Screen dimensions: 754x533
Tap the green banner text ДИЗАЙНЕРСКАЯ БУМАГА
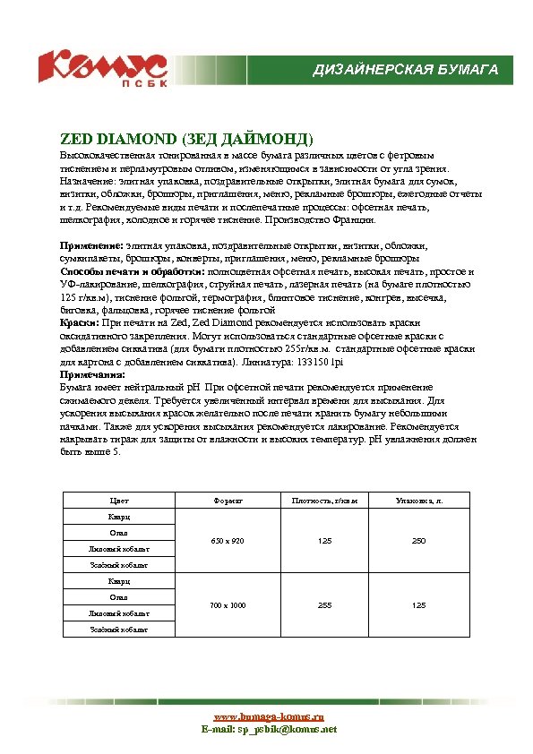(405, 70)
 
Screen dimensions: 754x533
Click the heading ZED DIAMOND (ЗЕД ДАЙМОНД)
(186, 140)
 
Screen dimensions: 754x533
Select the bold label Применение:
(91, 245)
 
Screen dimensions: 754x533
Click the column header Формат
(228, 501)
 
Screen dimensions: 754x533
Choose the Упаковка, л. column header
(418, 501)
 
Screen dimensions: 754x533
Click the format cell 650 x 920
(228, 541)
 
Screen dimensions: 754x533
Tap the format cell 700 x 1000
(228, 605)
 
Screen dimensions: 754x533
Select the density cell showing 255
(325, 605)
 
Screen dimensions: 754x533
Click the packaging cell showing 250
(418, 541)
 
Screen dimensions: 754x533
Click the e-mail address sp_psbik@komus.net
(286, 730)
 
